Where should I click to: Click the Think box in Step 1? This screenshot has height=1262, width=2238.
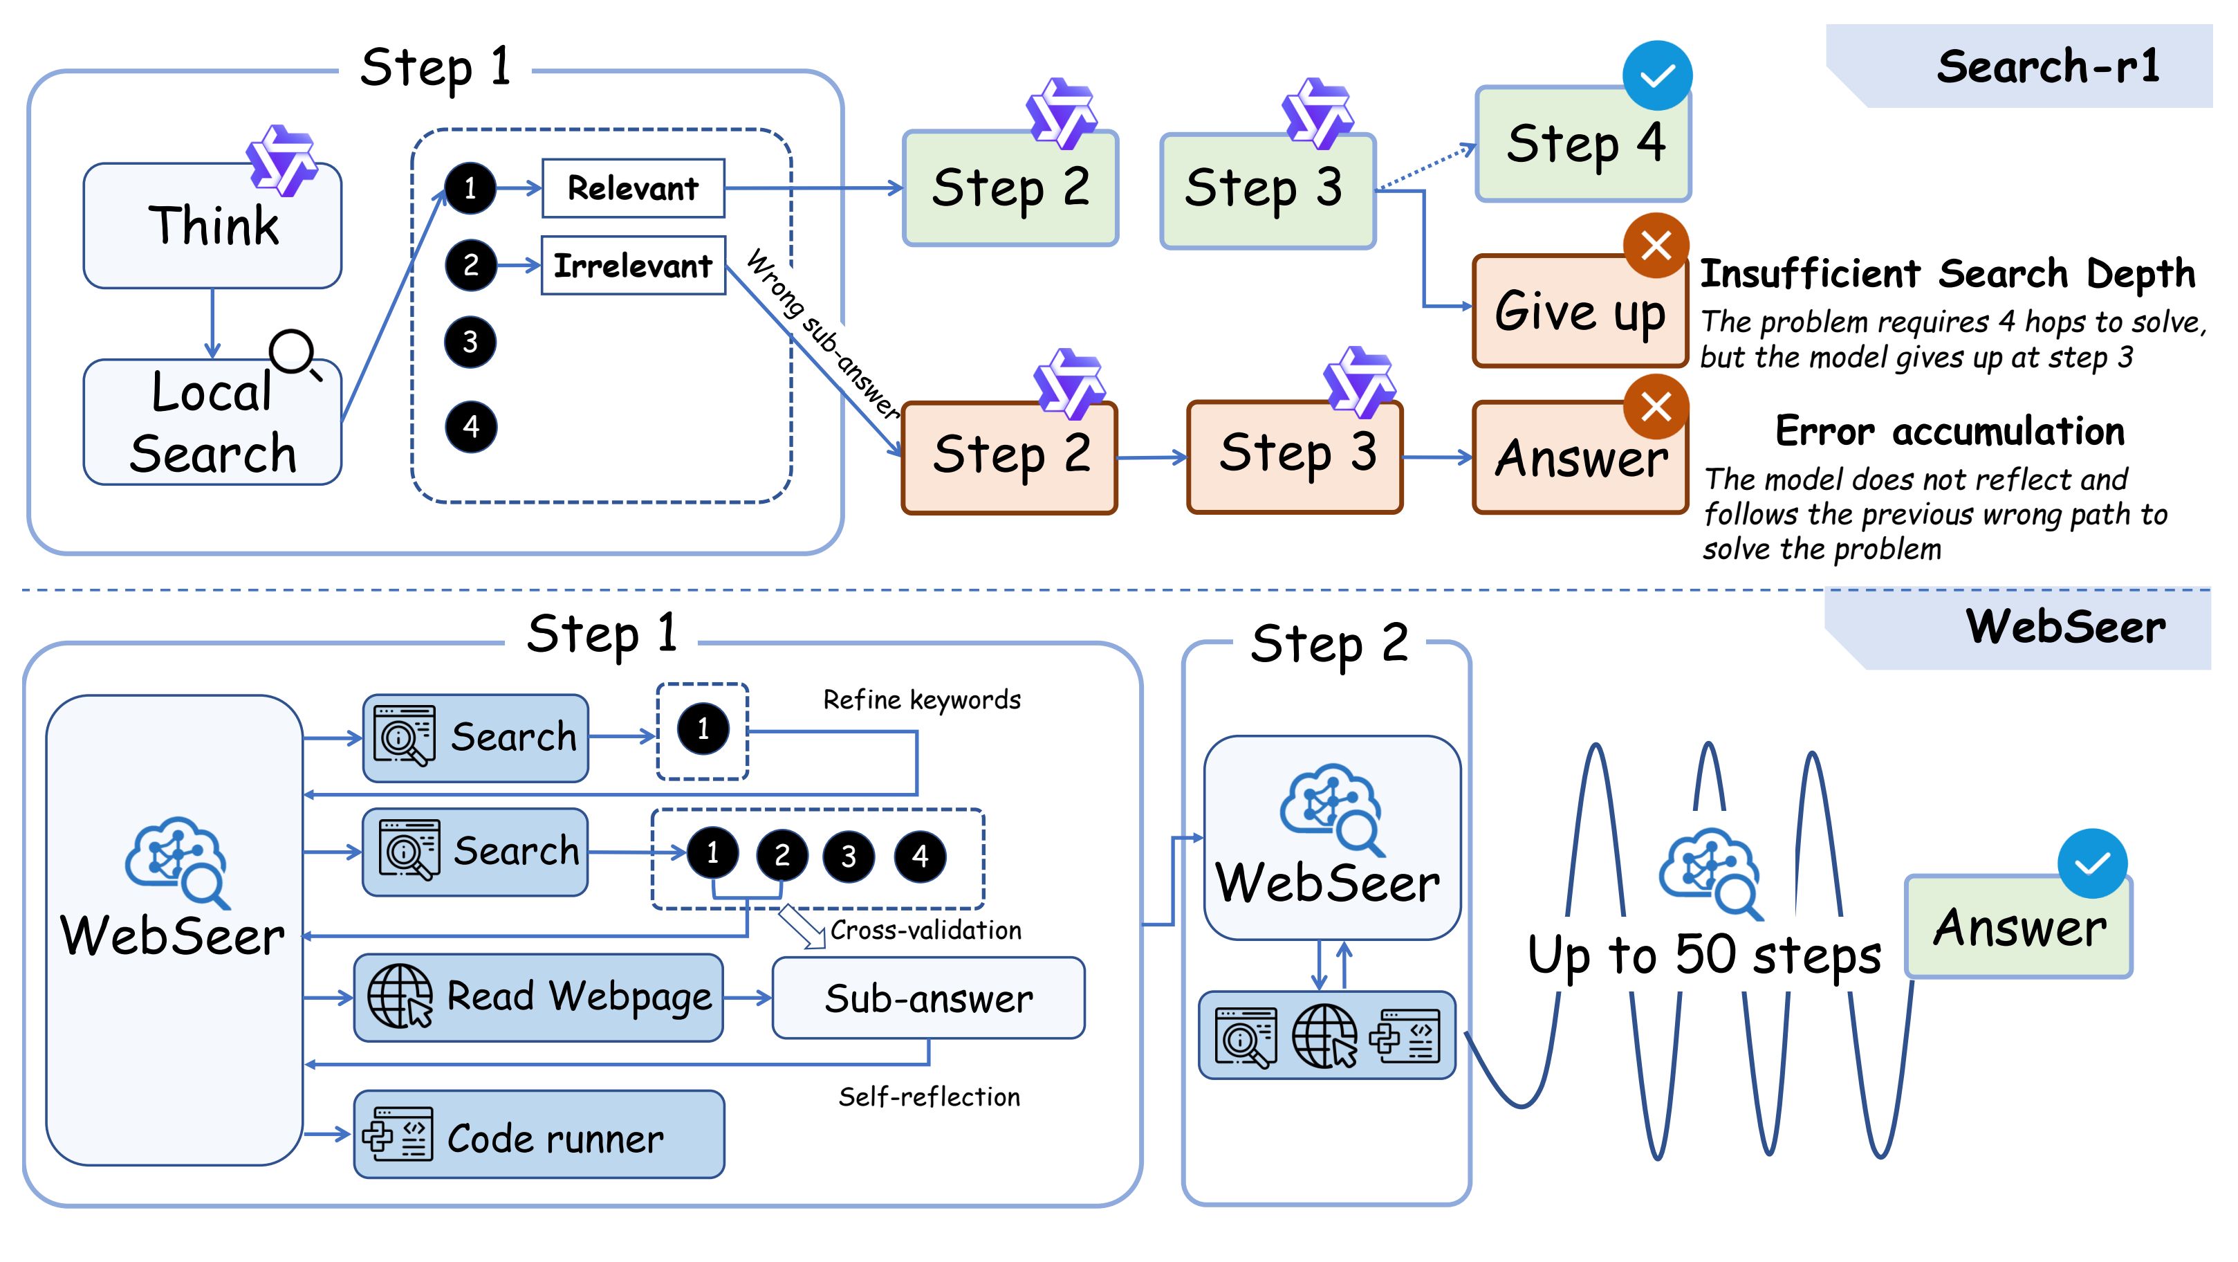coord(212,226)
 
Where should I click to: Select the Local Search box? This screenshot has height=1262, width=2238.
coord(212,423)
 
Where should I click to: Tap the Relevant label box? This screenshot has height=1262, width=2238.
coord(633,188)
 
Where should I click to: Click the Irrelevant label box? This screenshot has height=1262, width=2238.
coord(633,265)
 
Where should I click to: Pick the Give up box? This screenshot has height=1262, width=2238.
coord(1579,311)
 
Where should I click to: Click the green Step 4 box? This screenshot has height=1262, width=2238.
coord(1583,145)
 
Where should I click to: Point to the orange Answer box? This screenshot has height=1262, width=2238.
coord(1579,458)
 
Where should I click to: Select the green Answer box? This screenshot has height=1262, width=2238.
coord(2017,927)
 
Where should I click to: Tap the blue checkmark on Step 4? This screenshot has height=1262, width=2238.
coord(1657,75)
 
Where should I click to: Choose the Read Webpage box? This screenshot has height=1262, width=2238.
coord(539,997)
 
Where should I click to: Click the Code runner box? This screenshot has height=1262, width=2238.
coord(539,1135)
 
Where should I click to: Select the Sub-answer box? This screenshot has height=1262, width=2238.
coord(928,998)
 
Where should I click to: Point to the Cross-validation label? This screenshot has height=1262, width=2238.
coord(925,930)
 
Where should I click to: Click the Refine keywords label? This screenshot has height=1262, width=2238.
coord(922,699)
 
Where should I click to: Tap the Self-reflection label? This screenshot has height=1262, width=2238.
coord(929,1097)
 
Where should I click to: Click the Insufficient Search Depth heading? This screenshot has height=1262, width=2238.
coord(1947,274)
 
